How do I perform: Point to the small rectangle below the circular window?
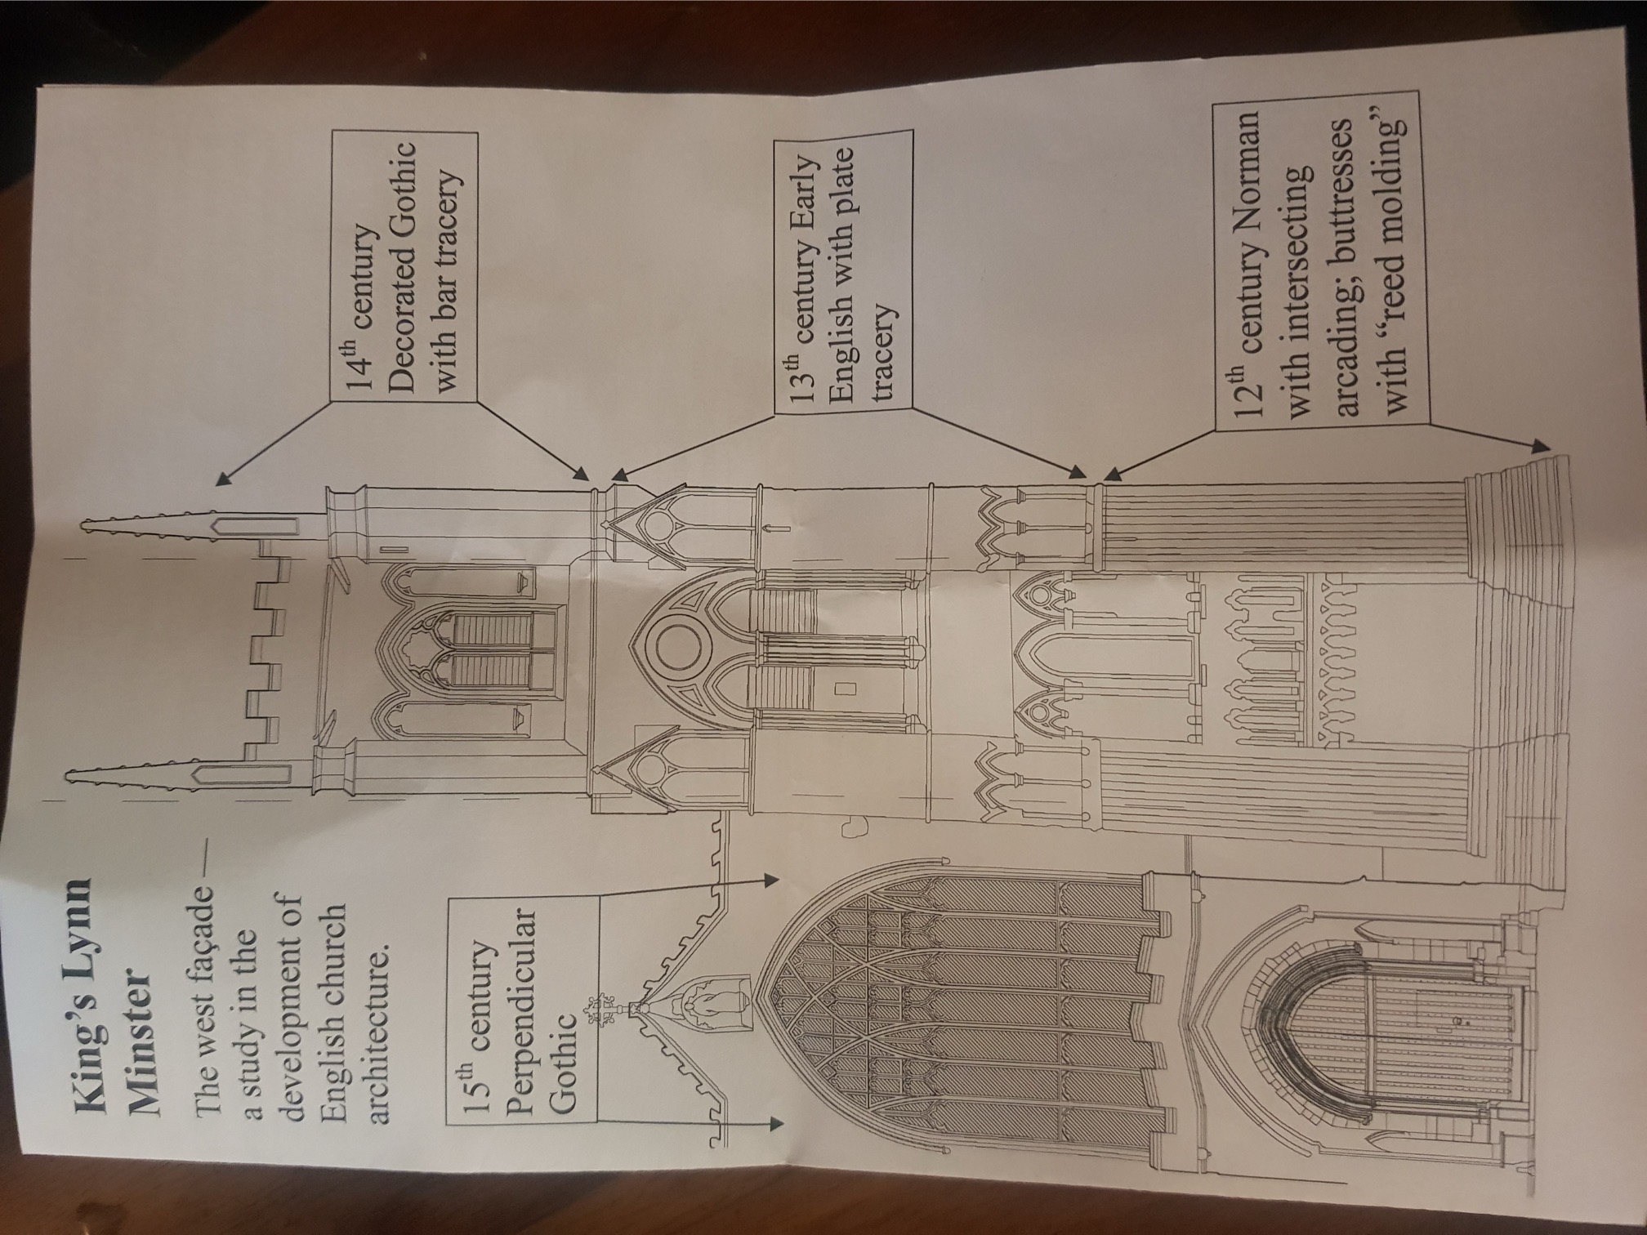tap(844, 688)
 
